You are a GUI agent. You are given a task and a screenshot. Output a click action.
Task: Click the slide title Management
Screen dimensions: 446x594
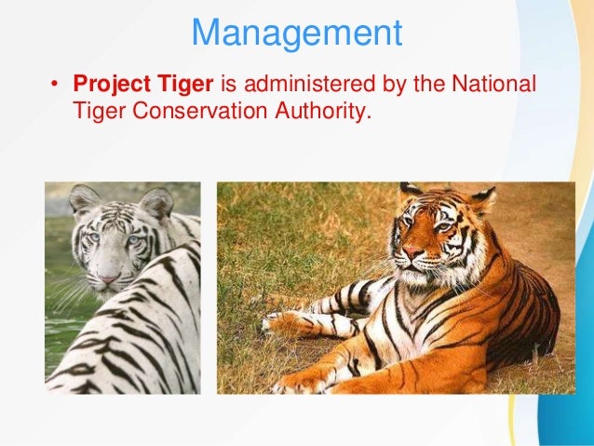point(296,34)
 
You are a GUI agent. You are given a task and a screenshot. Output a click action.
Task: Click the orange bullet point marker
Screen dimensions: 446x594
point(55,86)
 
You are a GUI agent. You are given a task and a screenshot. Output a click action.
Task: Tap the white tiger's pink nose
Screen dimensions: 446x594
point(110,277)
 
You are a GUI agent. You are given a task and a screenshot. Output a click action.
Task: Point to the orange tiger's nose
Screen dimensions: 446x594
point(413,251)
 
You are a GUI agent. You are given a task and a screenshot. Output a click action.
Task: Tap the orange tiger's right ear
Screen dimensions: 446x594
point(482,197)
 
